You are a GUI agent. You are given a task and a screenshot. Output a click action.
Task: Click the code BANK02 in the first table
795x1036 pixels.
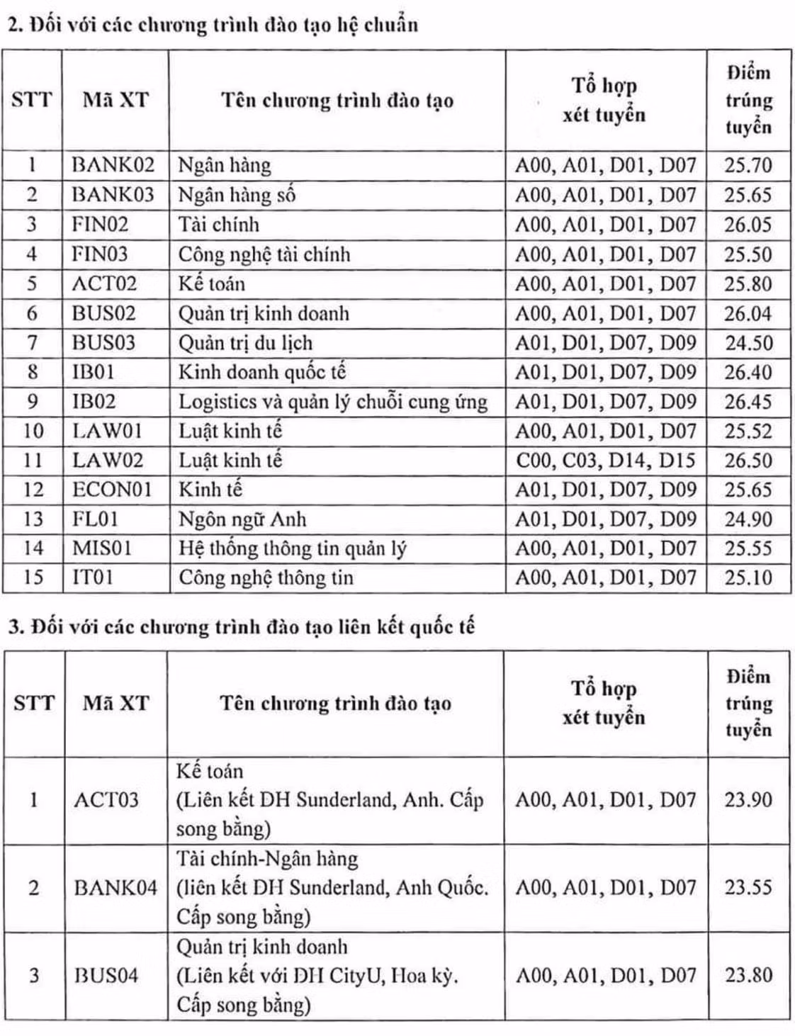(113, 165)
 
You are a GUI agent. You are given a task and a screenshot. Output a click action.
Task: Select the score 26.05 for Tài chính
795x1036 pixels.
(748, 225)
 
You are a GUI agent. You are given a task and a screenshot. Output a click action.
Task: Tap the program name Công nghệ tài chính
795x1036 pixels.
(264, 254)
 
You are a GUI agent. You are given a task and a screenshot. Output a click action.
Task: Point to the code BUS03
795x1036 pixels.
(103, 343)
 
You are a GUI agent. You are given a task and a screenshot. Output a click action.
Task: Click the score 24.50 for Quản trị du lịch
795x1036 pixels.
(748, 343)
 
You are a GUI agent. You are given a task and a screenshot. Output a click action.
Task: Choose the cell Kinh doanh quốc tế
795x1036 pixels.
(261, 373)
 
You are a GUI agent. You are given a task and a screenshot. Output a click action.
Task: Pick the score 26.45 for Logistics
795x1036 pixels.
(748, 402)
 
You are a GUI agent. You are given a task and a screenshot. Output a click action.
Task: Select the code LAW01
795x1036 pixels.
(108, 431)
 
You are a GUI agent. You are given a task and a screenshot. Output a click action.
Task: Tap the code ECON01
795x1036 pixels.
(112, 490)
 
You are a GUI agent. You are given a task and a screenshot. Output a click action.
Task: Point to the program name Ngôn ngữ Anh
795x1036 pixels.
(242, 519)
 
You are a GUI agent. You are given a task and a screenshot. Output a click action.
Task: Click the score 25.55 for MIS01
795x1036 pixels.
(748, 548)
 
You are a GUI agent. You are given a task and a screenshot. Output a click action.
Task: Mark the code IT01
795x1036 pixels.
(93, 578)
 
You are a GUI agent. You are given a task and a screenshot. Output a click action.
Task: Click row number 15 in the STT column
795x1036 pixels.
(33, 578)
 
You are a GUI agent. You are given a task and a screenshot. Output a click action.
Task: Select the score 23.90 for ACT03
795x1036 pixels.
(748, 800)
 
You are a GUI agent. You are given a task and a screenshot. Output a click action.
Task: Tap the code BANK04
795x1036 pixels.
(115, 888)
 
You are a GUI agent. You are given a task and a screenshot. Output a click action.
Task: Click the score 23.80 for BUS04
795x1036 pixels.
(748, 976)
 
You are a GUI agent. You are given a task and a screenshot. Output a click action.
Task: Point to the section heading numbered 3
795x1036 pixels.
(241, 627)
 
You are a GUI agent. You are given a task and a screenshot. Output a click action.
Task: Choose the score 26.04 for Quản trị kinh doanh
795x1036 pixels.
(748, 313)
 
